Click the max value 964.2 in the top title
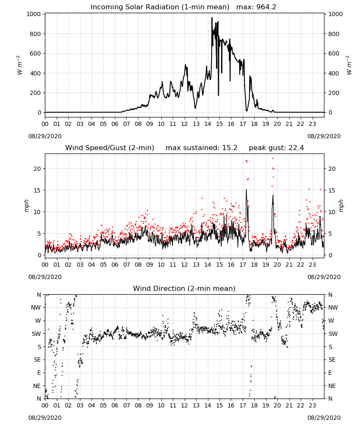pyautogui.click(x=266, y=7)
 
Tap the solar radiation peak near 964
pyautogui.click(x=212, y=18)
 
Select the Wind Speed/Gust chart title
pyautogui.click(x=110, y=148)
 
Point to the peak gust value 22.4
pyautogui.click(x=296, y=148)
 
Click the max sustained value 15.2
pyautogui.click(x=230, y=148)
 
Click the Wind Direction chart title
pyautogui.click(x=184, y=288)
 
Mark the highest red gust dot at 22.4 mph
pyautogui.click(x=273, y=158)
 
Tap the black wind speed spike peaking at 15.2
pyautogui.click(x=246, y=190)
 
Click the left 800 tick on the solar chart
pyautogui.click(x=36, y=34)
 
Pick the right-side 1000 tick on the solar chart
pyautogui.click(x=335, y=14)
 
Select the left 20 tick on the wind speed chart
pyautogui.click(x=37, y=169)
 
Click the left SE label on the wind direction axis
pyautogui.click(x=37, y=360)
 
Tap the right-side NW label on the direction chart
pyautogui.click(x=333, y=307)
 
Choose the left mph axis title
pyautogui.click(x=26, y=206)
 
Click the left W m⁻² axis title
pyautogui.click(x=19, y=65)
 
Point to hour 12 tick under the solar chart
pyautogui.click(x=185, y=124)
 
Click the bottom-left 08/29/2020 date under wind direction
pyautogui.click(x=45, y=418)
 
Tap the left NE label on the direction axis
pyautogui.click(x=37, y=386)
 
